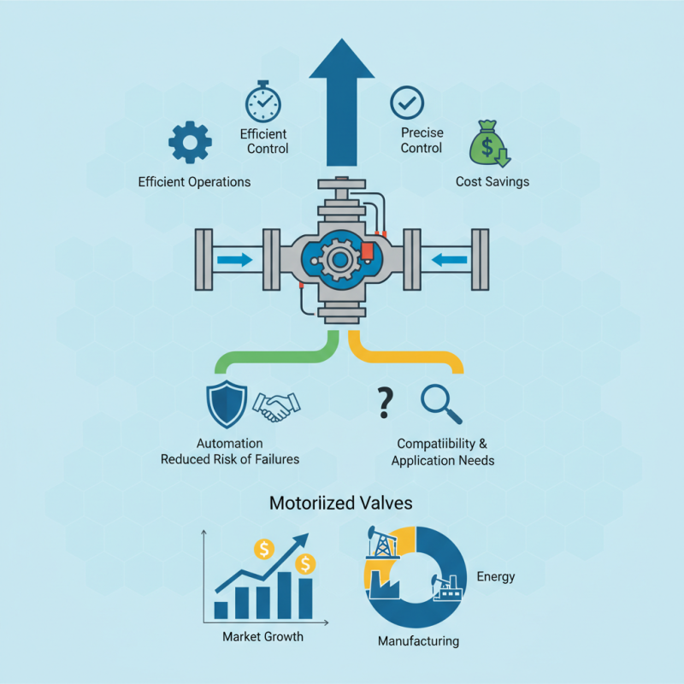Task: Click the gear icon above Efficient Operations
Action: click(x=190, y=143)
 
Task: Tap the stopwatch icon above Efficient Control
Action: click(x=262, y=103)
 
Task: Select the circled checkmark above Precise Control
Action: click(x=406, y=103)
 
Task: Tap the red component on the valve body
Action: click(x=369, y=251)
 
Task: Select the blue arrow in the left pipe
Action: click(x=233, y=258)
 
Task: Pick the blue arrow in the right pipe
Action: click(x=450, y=258)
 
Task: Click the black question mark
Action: click(x=385, y=402)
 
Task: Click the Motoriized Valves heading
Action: click(x=341, y=504)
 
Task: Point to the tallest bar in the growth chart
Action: click(x=304, y=597)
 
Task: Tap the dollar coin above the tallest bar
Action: click(x=305, y=563)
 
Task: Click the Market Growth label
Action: click(x=262, y=637)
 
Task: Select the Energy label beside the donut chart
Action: click(x=495, y=576)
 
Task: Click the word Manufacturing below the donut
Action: click(x=418, y=641)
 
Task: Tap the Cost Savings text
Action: click(x=492, y=181)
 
